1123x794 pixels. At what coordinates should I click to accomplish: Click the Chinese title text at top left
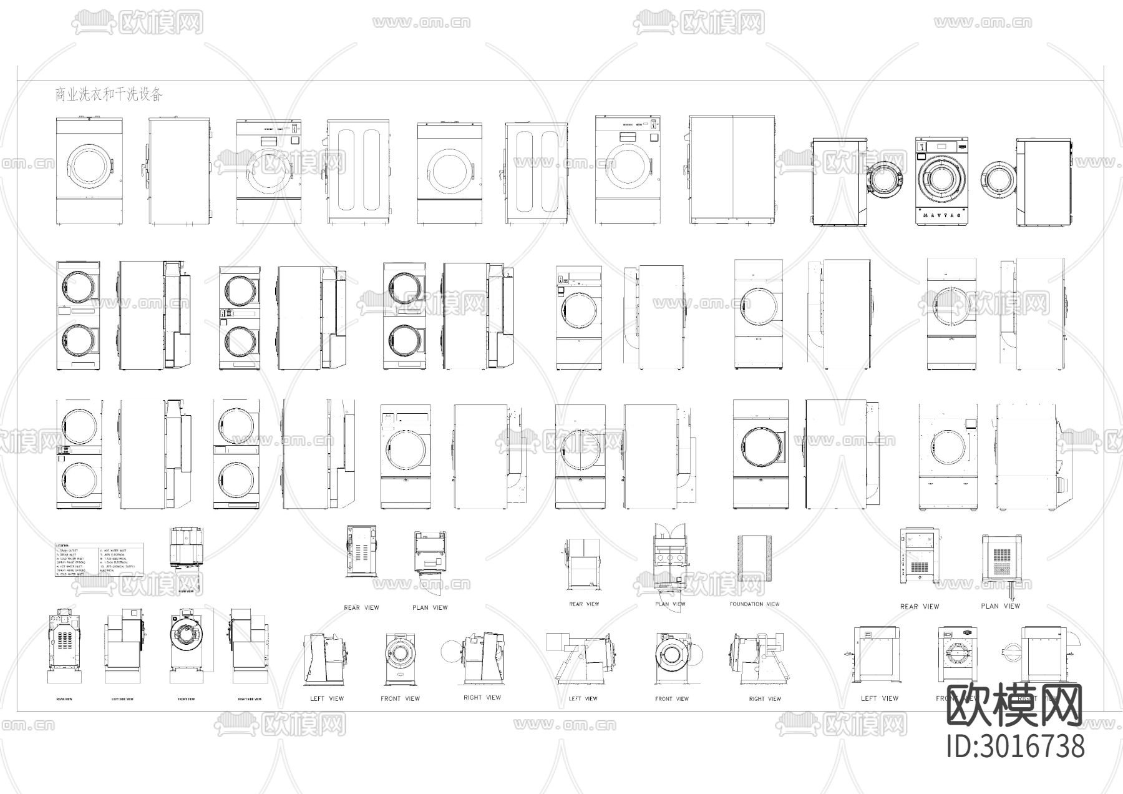coord(109,95)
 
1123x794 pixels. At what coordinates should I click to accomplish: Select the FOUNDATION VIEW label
coord(754,604)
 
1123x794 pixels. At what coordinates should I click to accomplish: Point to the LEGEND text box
coord(99,559)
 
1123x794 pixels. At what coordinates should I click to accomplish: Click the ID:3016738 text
coord(1016,747)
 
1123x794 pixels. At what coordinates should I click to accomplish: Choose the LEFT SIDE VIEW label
coord(122,699)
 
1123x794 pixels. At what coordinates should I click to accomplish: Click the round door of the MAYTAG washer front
coord(941,178)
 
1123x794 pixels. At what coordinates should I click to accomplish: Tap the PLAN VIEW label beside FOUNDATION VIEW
coord(670,604)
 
